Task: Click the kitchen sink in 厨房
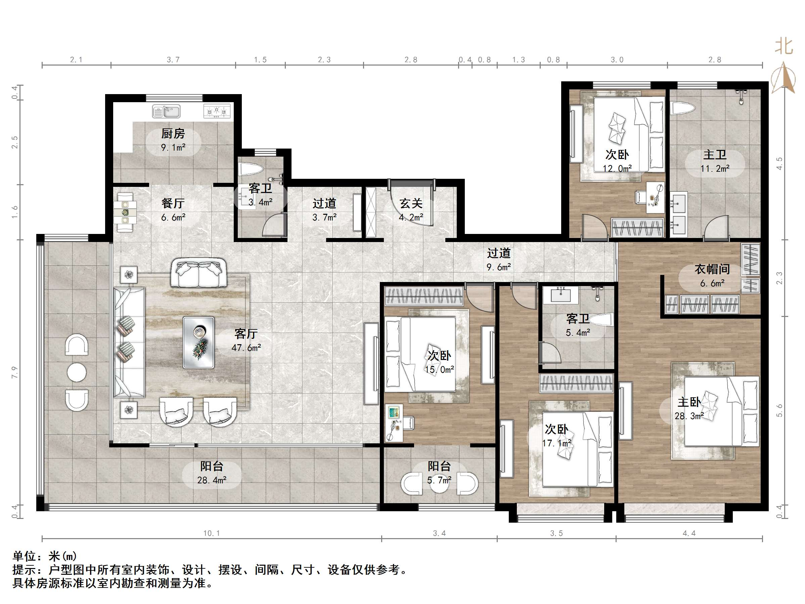[167, 112]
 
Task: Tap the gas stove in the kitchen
[217, 112]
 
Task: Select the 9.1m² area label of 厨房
[173, 148]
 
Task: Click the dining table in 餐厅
[125, 212]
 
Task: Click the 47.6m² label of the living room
[247, 348]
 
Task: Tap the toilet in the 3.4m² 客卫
[251, 170]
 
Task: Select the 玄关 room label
[411, 203]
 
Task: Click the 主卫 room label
[715, 155]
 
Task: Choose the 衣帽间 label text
[712, 269]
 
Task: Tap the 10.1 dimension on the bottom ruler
[212, 533]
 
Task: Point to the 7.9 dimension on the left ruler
[14, 372]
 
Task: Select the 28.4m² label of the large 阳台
[212, 480]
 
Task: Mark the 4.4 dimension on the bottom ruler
[689, 533]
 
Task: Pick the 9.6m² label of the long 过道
[499, 267]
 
